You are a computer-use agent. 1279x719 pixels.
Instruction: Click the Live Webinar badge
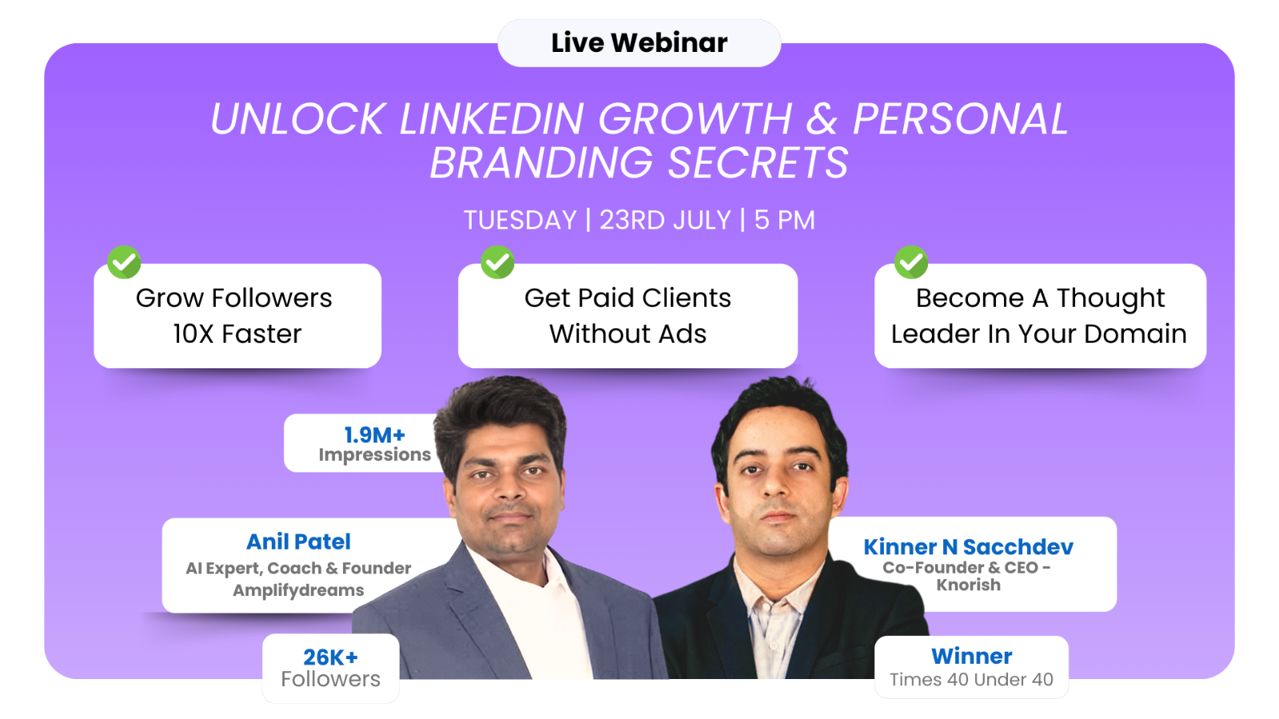pyautogui.click(x=639, y=43)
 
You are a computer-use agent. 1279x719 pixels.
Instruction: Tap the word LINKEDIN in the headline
pyautogui.click(x=491, y=119)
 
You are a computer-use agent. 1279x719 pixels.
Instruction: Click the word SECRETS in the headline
pyautogui.click(x=758, y=163)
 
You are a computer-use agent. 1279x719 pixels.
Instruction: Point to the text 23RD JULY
pyautogui.click(x=665, y=220)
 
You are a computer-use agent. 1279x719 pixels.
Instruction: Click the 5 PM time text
pyautogui.click(x=784, y=220)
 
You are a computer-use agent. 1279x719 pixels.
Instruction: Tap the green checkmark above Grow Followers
pyautogui.click(x=124, y=262)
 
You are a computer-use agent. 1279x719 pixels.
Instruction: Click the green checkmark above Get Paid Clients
pyautogui.click(x=497, y=262)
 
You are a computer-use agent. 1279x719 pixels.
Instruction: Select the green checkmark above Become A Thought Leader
pyautogui.click(x=910, y=262)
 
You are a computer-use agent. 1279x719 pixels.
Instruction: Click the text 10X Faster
pyautogui.click(x=237, y=334)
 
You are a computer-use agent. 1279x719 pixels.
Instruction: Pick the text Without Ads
pyautogui.click(x=628, y=334)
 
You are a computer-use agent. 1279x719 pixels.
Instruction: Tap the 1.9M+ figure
pyautogui.click(x=375, y=435)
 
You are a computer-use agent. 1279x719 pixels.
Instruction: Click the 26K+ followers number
pyautogui.click(x=331, y=657)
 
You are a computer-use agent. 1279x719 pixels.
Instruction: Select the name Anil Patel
pyautogui.click(x=298, y=542)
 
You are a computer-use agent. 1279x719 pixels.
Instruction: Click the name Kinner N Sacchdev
pyautogui.click(x=968, y=546)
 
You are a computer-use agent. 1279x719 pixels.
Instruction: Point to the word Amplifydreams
pyautogui.click(x=298, y=590)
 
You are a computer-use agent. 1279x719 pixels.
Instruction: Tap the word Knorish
pyautogui.click(x=968, y=585)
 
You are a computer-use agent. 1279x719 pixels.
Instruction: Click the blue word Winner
pyautogui.click(x=971, y=656)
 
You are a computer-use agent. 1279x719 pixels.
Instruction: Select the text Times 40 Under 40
pyautogui.click(x=971, y=680)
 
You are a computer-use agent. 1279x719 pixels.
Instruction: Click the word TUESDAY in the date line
pyautogui.click(x=520, y=220)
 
